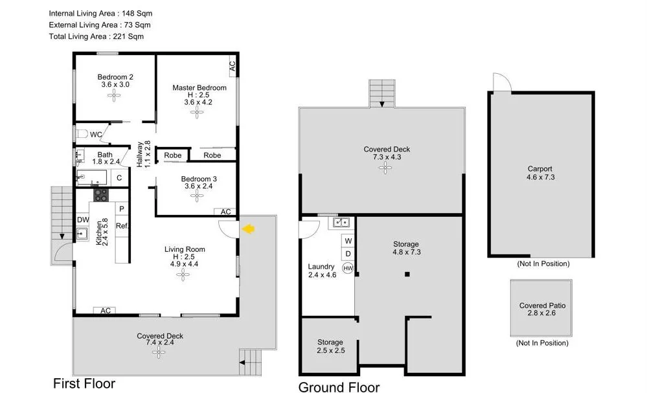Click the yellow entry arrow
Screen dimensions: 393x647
tap(249, 228)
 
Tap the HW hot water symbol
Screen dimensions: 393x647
tap(348, 268)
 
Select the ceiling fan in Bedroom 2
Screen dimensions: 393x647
tap(115, 96)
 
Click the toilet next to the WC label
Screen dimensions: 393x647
tap(81, 134)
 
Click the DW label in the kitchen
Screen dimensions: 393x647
tap(83, 220)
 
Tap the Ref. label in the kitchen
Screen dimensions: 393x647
tap(121, 226)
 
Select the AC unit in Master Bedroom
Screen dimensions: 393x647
tap(231, 65)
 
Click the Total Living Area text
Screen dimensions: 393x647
tap(96, 37)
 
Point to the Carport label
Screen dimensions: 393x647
tap(539, 169)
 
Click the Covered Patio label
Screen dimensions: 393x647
tap(541, 306)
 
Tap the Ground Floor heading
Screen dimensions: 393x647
tap(339, 387)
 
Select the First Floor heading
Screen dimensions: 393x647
tap(84, 383)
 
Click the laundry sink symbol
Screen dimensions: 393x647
tap(341, 223)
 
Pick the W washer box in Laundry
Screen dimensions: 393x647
tap(348, 241)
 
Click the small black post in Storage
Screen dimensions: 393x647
tap(407, 275)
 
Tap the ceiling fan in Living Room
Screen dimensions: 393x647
tap(184, 274)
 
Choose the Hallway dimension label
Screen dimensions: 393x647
tap(143, 154)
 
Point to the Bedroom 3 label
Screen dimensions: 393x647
tap(196, 179)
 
